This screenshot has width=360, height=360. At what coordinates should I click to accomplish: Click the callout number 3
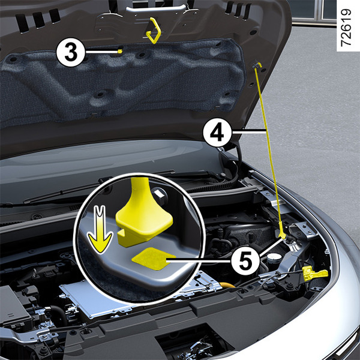coord(71,52)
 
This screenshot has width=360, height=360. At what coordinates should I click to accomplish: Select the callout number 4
coord(217,133)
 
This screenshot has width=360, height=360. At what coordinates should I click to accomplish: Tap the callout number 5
coord(245,261)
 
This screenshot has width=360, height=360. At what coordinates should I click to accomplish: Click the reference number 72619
coord(346,28)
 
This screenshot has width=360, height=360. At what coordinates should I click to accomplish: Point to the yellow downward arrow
coord(100,230)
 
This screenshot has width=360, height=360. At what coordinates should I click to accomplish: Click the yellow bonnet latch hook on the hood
coord(154,31)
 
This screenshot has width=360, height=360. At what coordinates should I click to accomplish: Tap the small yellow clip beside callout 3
coord(120,51)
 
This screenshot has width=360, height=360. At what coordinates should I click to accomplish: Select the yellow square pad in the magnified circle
coord(154,259)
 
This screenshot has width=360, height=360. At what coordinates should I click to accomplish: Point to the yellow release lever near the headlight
coord(314,273)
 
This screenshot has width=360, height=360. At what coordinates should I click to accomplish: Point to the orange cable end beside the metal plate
coord(227,286)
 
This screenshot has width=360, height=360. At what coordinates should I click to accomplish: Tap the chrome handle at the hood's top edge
coord(155,9)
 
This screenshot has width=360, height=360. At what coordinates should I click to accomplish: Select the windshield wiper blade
coord(99,187)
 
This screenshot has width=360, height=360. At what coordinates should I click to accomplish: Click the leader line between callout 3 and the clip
coord(101,52)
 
